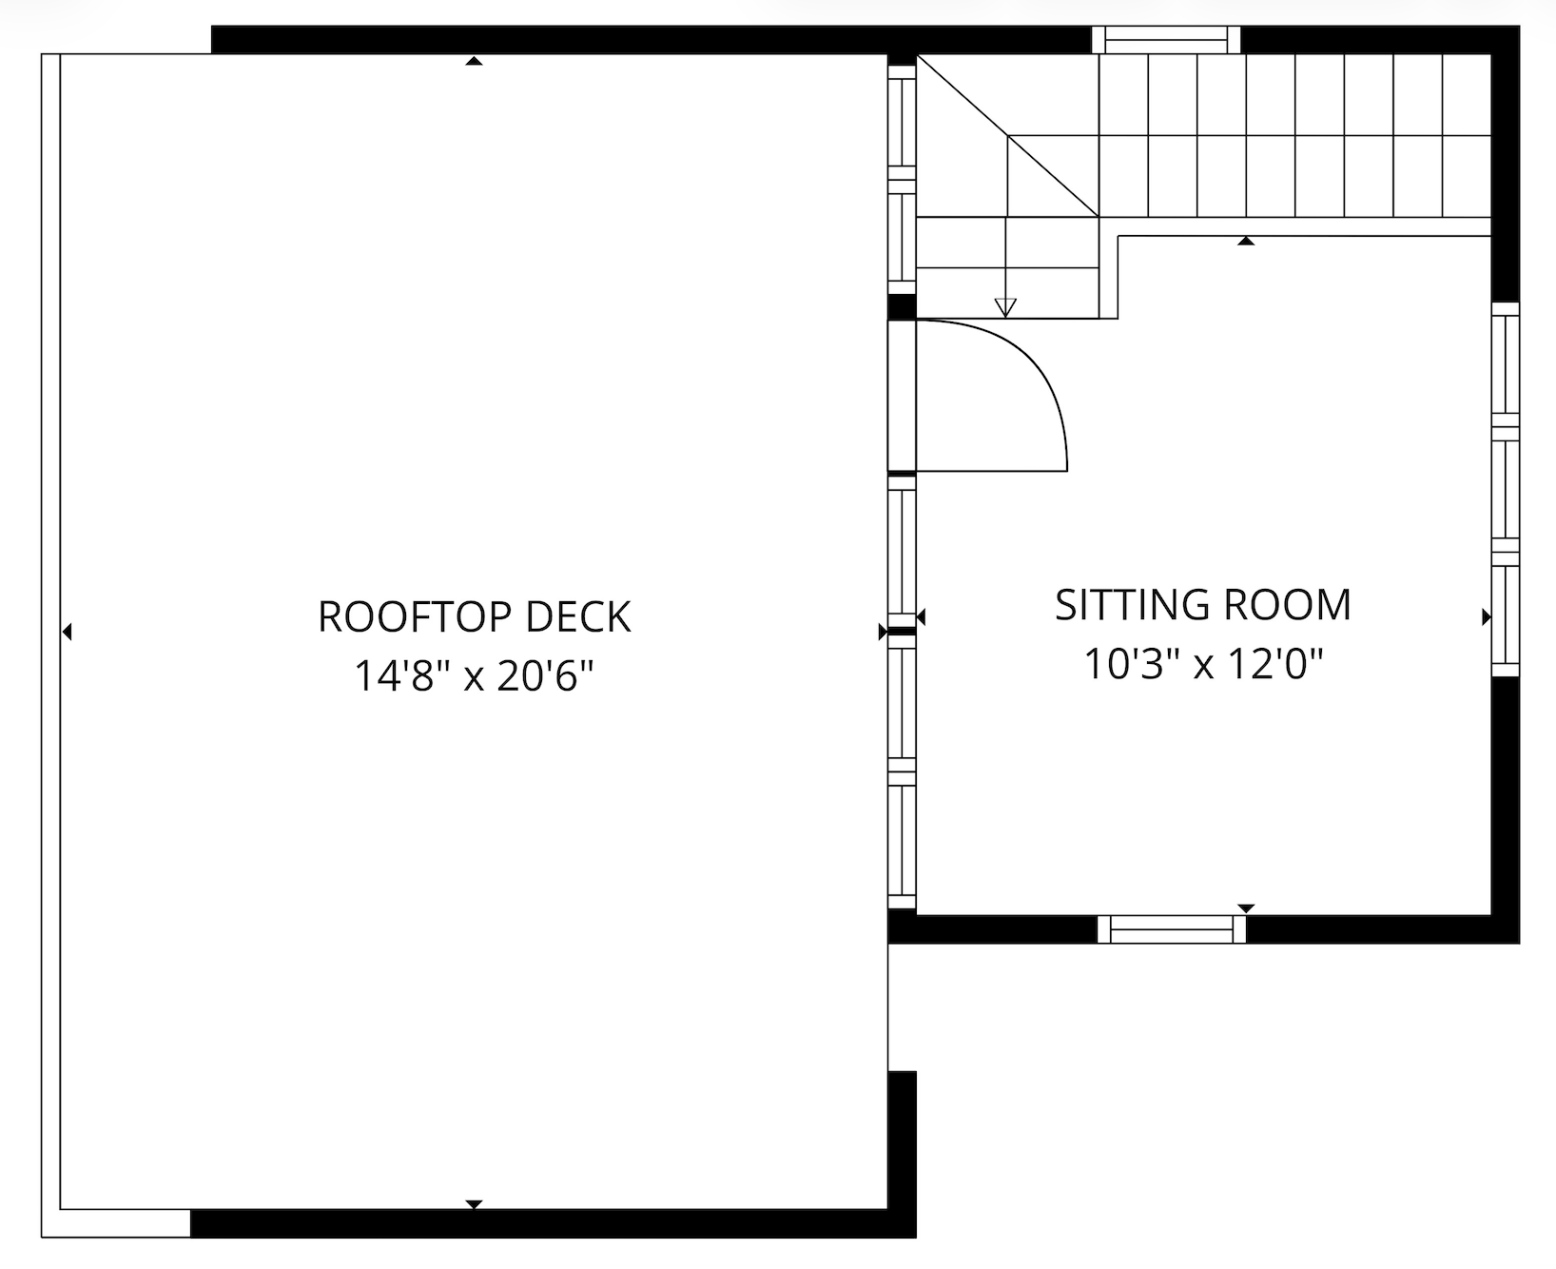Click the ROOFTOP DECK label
pyautogui.click(x=474, y=616)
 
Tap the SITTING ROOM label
pyautogui.click(x=1203, y=605)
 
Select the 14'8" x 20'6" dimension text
pyautogui.click(x=474, y=676)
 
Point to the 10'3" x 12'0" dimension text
pyautogui.click(x=1203, y=664)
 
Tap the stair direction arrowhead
pyautogui.click(x=1005, y=307)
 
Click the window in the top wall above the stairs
pyautogui.click(x=1166, y=40)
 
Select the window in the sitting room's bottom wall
pyautogui.click(x=1172, y=929)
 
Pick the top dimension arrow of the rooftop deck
pyautogui.click(x=474, y=62)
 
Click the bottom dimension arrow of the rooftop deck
pyautogui.click(x=474, y=1204)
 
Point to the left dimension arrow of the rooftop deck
pyautogui.click(x=67, y=631)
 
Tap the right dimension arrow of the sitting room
pyautogui.click(x=1487, y=618)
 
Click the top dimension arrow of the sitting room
pyautogui.click(x=1246, y=242)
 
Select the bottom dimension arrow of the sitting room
pyautogui.click(x=1246, y=908)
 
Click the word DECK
pyautogui.click(x=578, y=616)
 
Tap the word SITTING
pyautogui.click(x=1132, y=605)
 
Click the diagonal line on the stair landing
pyautogui.click(x=1008, y=136)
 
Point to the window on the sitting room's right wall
pyautogui.click(x=1506, y=489)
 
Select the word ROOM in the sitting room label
pyautogui.click(x=1288, y=605)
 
